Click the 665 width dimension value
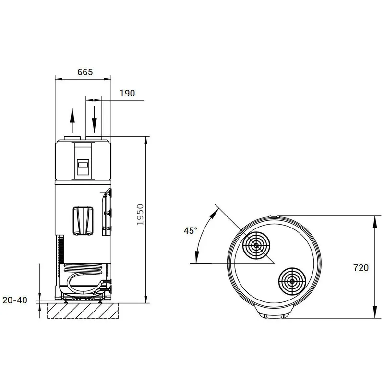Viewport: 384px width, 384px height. (x=85, y=72)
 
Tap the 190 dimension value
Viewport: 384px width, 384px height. (x=127, y=93)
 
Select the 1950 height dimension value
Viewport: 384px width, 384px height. (x=140, y=215)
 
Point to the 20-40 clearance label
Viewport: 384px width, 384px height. (x=15, y=300)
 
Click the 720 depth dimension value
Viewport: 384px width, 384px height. (x=361, y=268)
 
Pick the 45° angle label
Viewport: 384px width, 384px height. (x=190, y=230)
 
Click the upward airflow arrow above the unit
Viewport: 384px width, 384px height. (x=72, y=120)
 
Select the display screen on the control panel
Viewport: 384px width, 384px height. (x=83, y=165)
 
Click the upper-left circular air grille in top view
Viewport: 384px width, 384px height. (x=256, y=245)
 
